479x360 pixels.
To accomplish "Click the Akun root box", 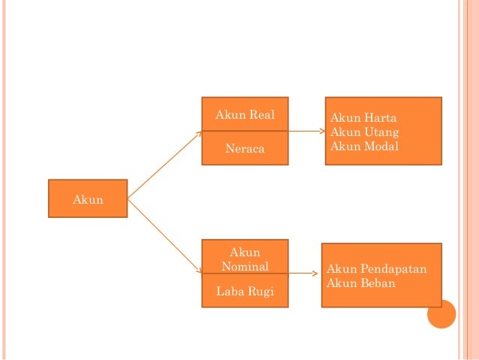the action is click(x=88, y=199).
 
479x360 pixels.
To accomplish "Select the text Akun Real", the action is click(x=245, y=115).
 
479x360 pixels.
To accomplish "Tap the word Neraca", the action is click(x=245, y=150).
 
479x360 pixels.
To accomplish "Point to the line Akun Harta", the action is click(x=364, y=118).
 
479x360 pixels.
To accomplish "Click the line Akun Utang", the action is click(x=365, y=132).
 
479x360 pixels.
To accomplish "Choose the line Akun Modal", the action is click(x=365, y=145).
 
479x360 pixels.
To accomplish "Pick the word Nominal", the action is click(x=245, y=266).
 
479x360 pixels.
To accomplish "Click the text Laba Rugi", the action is click(x=245, y=292).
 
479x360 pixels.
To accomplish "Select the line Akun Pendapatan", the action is click(x=378, y=269).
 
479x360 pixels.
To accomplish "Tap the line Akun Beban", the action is click(x=361, y=283).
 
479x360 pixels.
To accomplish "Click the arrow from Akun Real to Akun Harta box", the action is click(x=306, y=131).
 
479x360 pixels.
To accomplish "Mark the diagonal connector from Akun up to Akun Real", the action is click(x=165, y=165).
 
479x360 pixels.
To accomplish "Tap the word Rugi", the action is click(x=260, y=292).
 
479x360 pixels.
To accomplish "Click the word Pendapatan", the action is click(x=393, y=269).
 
